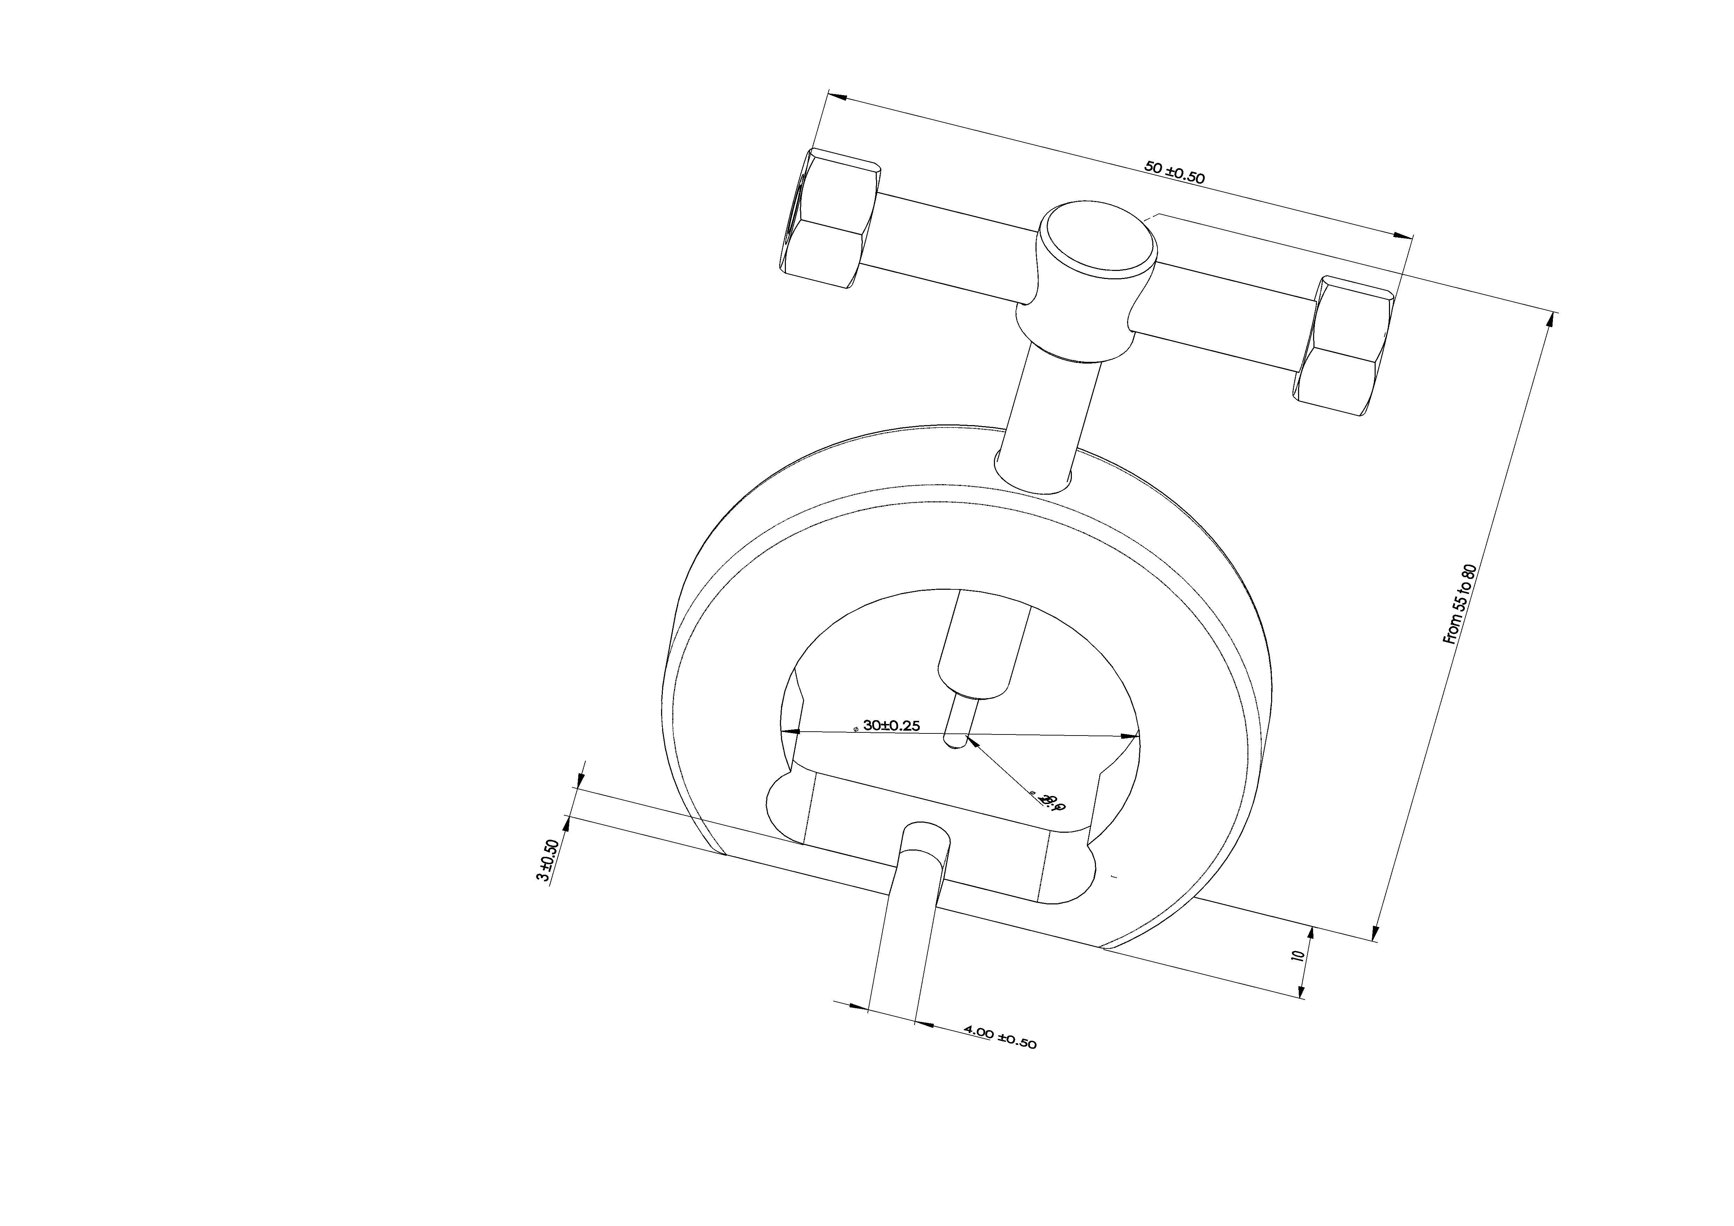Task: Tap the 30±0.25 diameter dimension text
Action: click(x=891, y=726)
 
